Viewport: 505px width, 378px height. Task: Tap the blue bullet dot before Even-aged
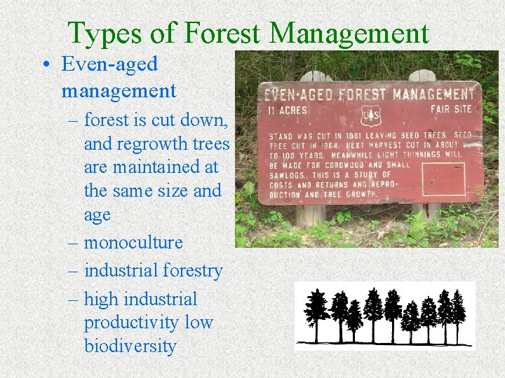[x=45, y=64]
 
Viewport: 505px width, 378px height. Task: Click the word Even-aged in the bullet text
[x=109, y=64]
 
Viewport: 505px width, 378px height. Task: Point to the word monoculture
[x=133, y=243]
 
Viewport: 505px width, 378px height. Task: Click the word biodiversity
[x=130, y=346]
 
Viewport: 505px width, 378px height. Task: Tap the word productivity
[x=129, y=323]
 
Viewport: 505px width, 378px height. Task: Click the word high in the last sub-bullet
[x=100, y=300]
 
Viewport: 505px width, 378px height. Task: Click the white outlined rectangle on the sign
[x=443, y=178]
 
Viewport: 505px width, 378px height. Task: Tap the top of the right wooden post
[x=422, y=75]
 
